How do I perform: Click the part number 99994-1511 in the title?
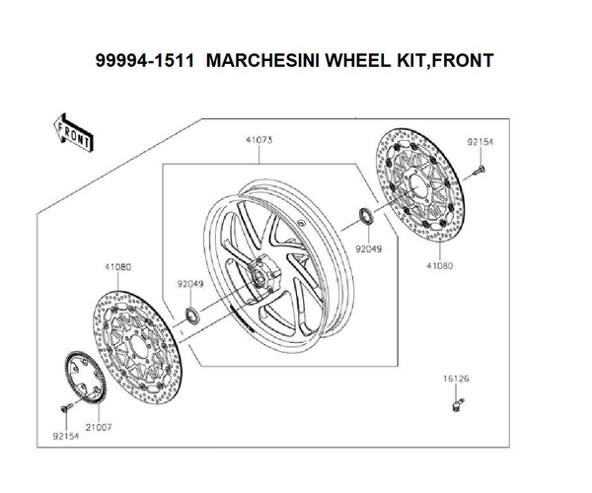145,60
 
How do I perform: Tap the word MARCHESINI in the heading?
262,60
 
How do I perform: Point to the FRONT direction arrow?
73,133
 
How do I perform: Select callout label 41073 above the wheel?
259,140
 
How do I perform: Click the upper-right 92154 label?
481,142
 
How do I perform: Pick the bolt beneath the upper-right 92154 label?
479,171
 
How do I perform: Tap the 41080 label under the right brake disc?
440,265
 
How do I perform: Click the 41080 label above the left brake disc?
117,267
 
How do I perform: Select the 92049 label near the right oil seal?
368,248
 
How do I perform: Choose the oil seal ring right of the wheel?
366,216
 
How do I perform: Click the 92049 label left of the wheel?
190,284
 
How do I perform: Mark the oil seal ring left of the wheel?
192,317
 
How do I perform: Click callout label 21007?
99,427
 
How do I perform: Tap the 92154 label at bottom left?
66,436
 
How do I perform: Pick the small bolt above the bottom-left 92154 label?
66,407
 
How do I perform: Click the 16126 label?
456,379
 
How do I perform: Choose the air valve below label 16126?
458,404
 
